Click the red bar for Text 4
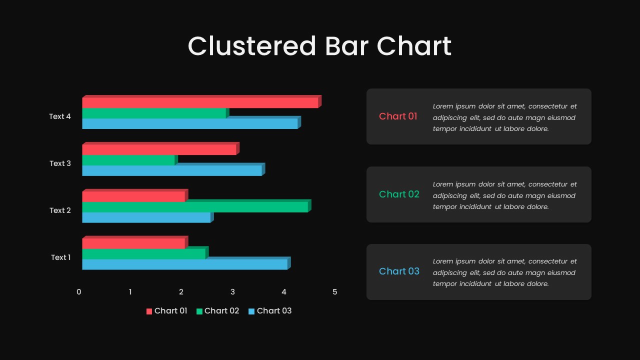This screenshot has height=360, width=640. [201, 101]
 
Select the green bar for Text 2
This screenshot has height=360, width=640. [196, 206]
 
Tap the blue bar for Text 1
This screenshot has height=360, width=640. [186, 263]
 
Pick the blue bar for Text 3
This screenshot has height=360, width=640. [173, 169]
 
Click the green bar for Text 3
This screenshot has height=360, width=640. [130, 159]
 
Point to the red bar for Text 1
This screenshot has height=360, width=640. [135, 242]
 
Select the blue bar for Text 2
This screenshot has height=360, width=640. [148, 217]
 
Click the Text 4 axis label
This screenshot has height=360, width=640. [59, 116]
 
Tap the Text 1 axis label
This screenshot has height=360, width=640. [60, 257]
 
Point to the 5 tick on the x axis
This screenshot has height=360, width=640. [335, 292]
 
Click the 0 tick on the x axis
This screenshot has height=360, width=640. [79, 292]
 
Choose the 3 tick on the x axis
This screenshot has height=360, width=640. [232, 292]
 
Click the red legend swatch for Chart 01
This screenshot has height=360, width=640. [149, 311]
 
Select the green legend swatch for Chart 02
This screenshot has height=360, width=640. [199, 311]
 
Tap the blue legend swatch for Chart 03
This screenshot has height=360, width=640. [251, 311]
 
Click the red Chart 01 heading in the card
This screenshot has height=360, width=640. [398, 116]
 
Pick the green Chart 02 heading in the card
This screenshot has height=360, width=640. [399, 194]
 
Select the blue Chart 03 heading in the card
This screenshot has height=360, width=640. [399, 271]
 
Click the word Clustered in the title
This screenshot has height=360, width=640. [252, 46]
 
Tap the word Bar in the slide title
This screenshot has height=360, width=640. [346, 46]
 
